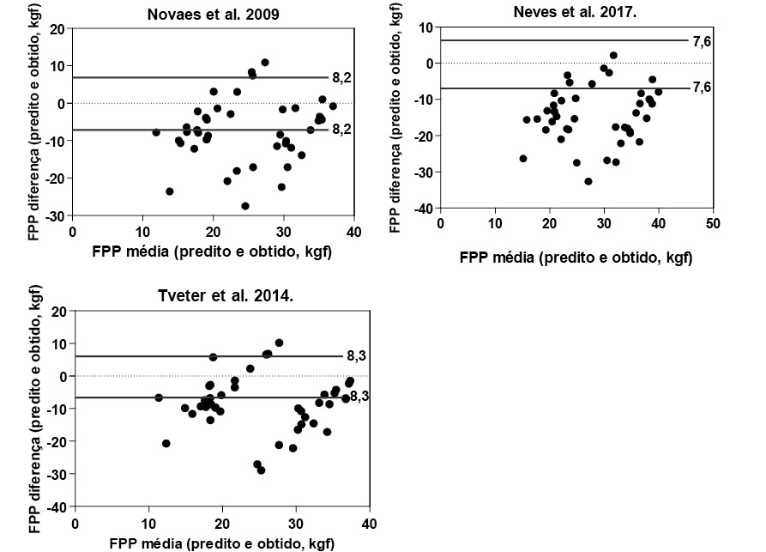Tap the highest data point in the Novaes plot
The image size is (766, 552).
(265, 63)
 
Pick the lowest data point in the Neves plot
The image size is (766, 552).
(588, 181)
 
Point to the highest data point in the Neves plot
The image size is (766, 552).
(613, 56)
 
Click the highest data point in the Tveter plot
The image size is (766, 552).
(279, 343)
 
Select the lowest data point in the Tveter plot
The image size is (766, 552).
(261, 470)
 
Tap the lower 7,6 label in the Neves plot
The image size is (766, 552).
(703, 88)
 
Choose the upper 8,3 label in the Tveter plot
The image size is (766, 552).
(357, 355)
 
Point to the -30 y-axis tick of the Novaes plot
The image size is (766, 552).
(56, 215)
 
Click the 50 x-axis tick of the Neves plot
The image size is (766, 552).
(712, 223)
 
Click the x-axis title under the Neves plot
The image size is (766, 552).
(576, 256)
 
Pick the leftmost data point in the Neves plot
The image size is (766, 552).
(523, 159)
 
